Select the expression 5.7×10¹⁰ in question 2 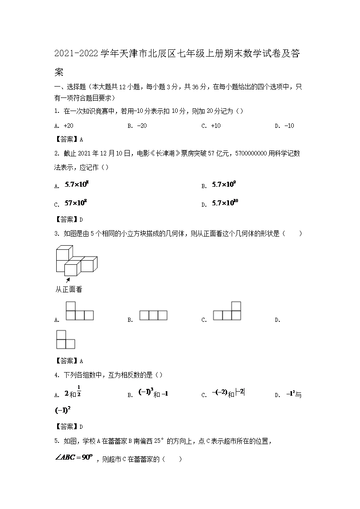(x=225, y=203)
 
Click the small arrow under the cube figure (x=68, y=280)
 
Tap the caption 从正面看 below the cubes (x=69, y=289)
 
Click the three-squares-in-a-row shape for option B (x=153, y=315)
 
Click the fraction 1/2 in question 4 (x=78, y=390)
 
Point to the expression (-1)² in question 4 (x=63, y=410)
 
